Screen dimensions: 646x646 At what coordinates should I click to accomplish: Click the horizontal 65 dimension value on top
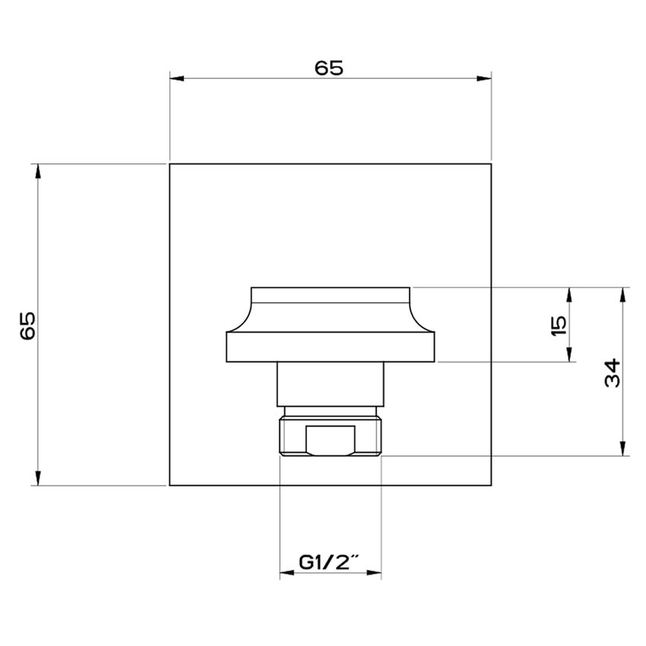coord(329,68)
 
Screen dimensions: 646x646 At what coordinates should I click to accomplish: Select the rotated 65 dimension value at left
coord(27,325)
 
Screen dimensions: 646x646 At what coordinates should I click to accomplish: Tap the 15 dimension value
coord(559,325)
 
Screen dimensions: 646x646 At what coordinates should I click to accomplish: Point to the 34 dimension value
coord(613,372)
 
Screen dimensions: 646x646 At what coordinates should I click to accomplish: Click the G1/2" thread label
coord(329,562)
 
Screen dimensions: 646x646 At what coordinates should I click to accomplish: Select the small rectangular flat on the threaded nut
coord(330,440)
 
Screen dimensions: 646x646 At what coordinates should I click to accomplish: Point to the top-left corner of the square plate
coord(169,163)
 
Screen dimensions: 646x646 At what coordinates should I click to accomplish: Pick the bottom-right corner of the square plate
coord(492,485)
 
